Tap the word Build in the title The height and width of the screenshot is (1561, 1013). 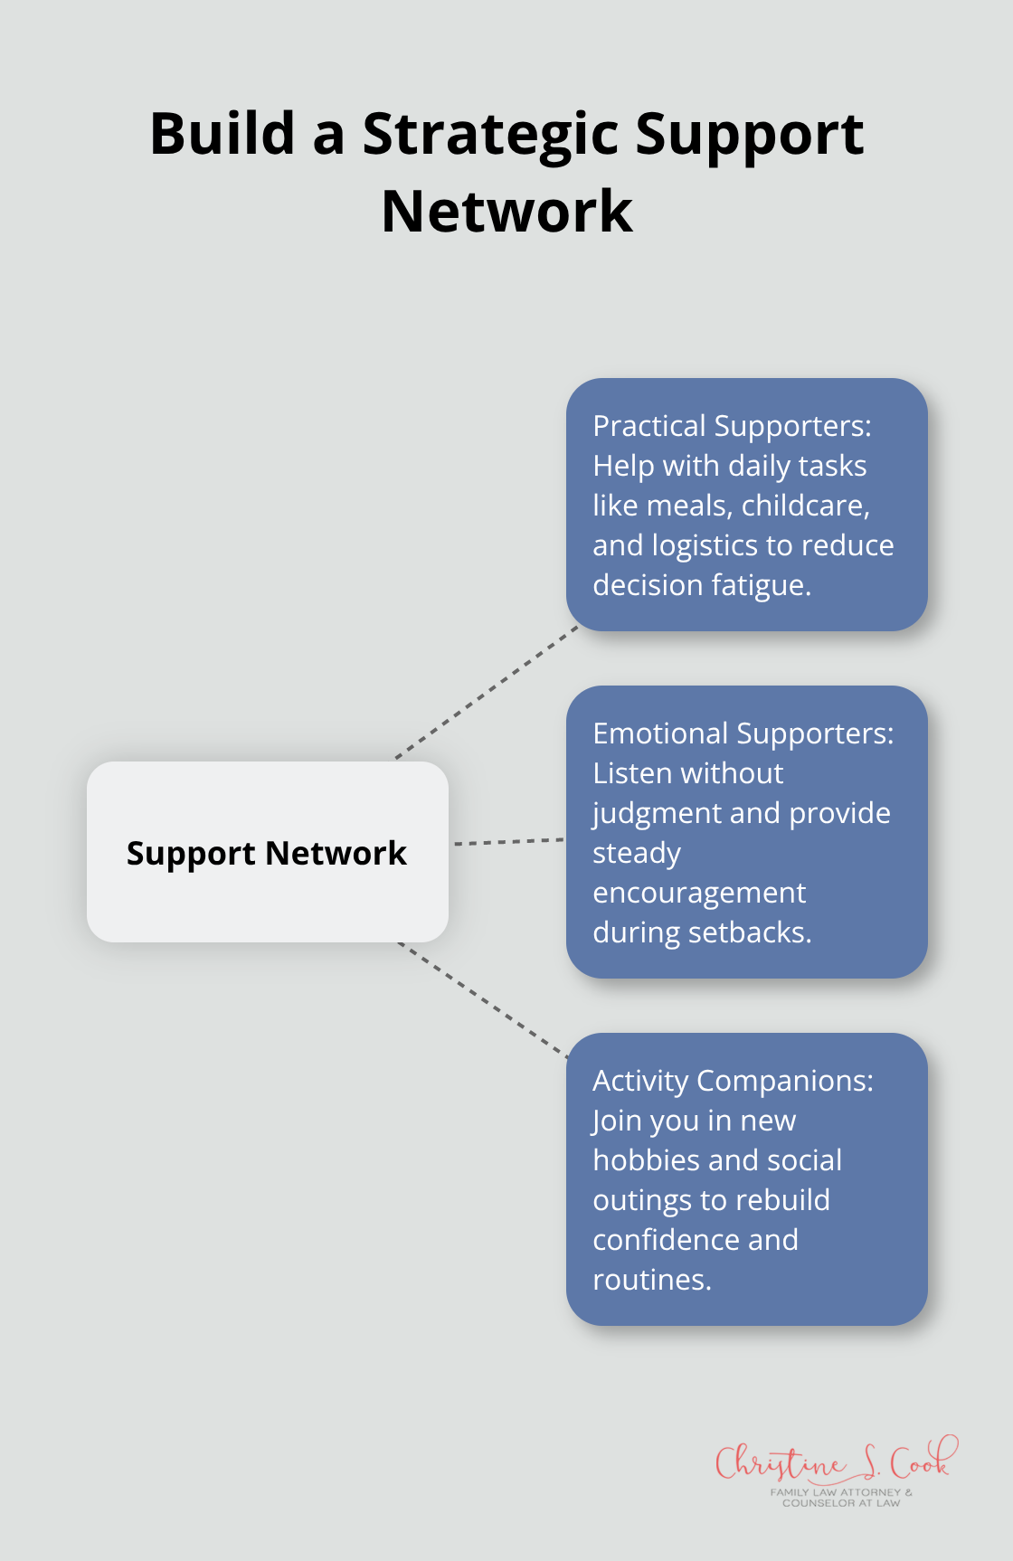pyautogui.click(x=222, y=134)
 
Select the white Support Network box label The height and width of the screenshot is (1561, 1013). pyautogui.click(x=267, y=853)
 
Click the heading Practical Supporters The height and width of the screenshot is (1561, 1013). pyautogui.click(x=731, y=426)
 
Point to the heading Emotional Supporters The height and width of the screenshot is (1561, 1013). pyautogui.click(x=743, y=733)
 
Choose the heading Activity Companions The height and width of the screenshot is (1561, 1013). pyautogui.click(x=733, y=1081)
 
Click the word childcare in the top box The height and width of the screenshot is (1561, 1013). pyautogui.click(x=805, y=506)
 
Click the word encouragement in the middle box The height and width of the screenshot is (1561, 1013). pyautogui.click(x=699, y=894)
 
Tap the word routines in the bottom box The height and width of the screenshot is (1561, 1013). pyautogui.click(x=651, y=1280)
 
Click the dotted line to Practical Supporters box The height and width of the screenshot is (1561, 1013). pyautogui.click(x=487, y=692)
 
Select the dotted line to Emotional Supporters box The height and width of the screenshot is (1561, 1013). pyautogui.click(x=508, y=842)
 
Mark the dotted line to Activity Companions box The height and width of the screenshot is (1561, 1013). pyautogui.click(x=484, y=999)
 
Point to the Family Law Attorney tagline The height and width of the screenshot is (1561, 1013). pyautogui.click(x=841, y=1498)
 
